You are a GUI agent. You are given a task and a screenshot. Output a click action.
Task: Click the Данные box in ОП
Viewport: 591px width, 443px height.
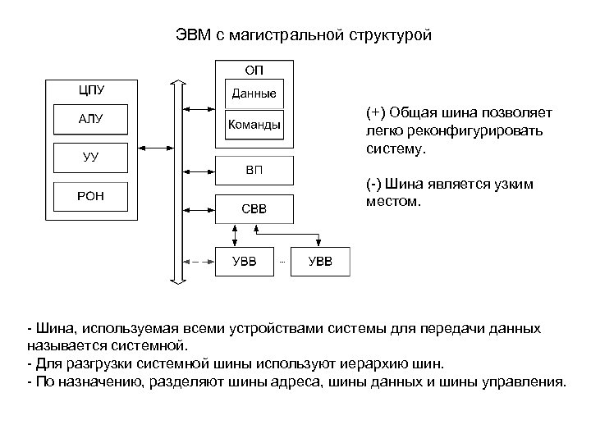pyautogui.click(x=254, y=94)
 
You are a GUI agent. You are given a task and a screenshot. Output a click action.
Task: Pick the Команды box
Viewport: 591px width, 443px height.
pyautogui.click(x=254, y=126)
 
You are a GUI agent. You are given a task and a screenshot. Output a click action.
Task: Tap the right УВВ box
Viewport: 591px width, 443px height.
pyautogui.click(x=320, y=262)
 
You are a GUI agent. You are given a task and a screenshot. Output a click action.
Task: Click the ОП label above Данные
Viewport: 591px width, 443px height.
pyautogui.click(x=254, y=68)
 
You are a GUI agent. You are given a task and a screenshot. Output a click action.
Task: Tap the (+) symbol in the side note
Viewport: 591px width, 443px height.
pyautogui.click(x=377, y=112)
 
